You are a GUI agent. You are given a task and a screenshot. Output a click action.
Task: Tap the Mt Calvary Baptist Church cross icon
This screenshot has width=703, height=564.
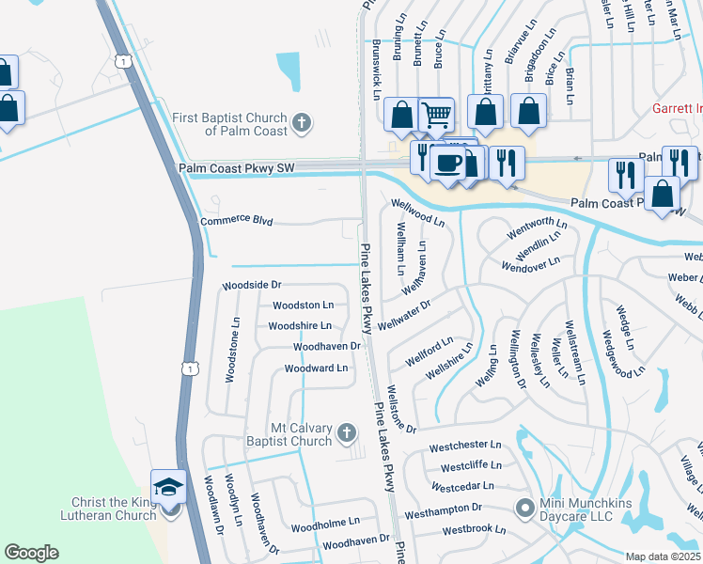pyautogui.click(x=346, y=433)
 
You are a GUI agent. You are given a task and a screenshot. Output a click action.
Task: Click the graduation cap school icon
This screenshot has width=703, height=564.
pyautogui.click(x=169, y=487)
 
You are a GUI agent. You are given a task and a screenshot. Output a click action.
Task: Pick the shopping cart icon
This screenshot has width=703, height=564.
pyautogui.click(x=436, y=115)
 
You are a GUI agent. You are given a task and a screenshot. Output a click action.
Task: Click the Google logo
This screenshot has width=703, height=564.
pyautogui.click(x=31, y=553)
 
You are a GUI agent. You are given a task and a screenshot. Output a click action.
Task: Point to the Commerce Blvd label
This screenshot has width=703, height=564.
pyautogui.click(x=237, y=222)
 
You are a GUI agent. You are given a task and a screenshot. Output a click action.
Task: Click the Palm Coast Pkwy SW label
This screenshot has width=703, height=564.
pyautogui.click(x=237, y=167)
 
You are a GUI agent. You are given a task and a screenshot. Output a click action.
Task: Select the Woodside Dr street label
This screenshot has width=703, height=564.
pyautogui.click(x=251, y=285)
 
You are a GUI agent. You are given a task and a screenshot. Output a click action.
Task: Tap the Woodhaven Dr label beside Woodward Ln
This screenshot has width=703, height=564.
pyautogui.click(x=327, y=347)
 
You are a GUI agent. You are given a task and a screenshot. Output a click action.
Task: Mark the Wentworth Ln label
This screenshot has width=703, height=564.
pyautogui.click(x=537, y=228)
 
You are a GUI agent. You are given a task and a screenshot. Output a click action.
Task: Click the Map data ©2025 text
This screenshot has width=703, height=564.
pyautogui.click(x=664, y=556)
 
